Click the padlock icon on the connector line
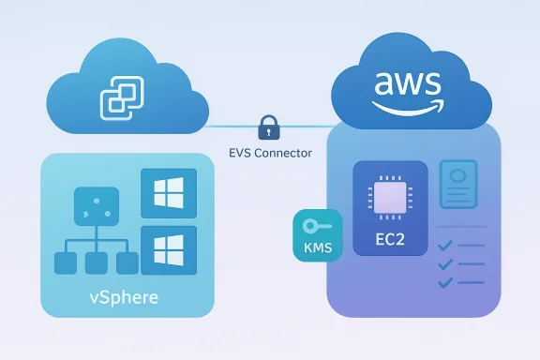coord(269,126)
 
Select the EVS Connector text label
coord(270,151)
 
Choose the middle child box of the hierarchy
coord(95,263)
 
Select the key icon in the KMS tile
coord(312,228)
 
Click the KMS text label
coord(312,249)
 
